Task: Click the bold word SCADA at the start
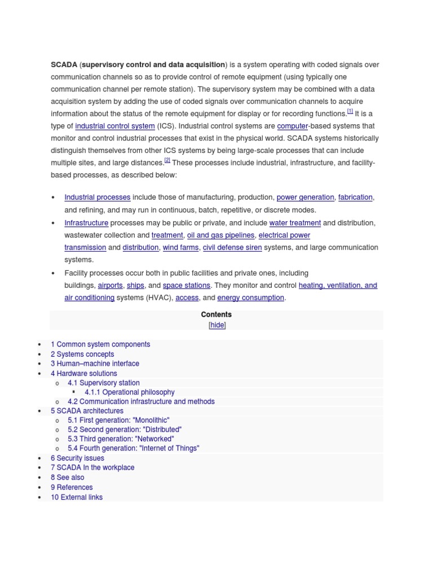coord(64,65)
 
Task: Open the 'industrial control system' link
coord(115,126)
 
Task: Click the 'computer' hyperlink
coord(293,126)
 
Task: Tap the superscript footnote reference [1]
coord(350,112)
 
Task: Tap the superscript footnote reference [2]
coord(167,161)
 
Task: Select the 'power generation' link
coord(305,198)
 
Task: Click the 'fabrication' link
coord(355,198)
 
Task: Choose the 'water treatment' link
coord(295,223)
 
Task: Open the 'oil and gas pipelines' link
coord(221,235)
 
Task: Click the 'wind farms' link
coord(180,248)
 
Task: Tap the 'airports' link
coord(110,286)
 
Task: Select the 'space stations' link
coord(187,286)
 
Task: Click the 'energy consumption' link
coord(250,298)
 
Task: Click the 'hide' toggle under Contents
coord(217,326)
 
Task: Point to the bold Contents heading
coord(216,315)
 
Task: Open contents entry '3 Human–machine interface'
coord(95,364)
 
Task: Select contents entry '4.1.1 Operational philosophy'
coord(130,392)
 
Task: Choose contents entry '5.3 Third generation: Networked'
coord(121,439)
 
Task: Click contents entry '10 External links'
coord(77,498)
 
